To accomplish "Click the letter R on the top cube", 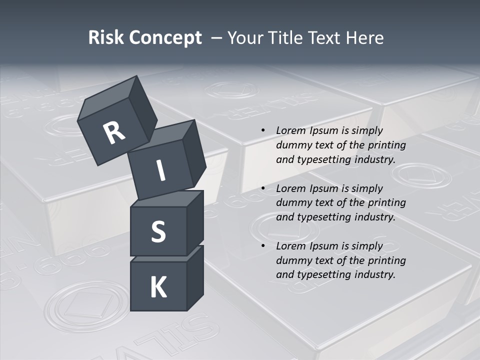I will point(114,132).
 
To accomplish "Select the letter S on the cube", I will point(158,232).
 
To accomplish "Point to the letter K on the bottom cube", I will point(158,287).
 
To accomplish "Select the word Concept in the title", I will point(166,38).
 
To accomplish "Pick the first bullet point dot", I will point(263,130).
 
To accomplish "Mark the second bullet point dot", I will point(263,188).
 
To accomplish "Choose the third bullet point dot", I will point(263,246).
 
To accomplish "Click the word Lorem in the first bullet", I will point(290,130).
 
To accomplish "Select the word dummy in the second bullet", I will point(291,202).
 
